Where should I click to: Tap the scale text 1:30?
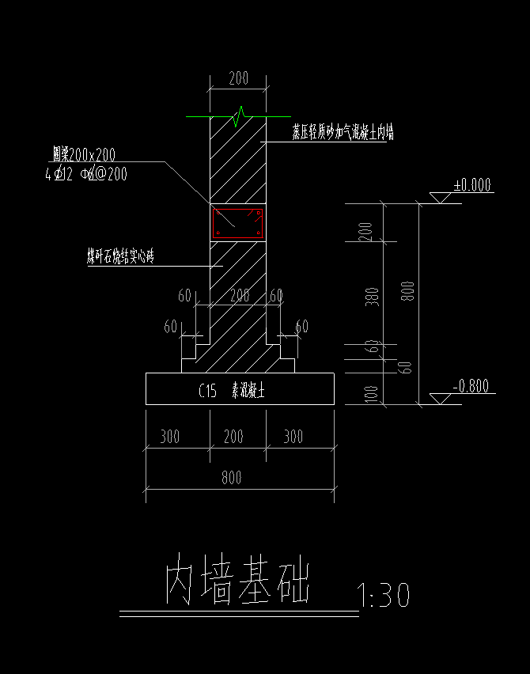[x=383, y=596]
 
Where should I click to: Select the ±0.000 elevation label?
[x=471, y=186]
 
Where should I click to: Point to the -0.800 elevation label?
[x=471, y=386]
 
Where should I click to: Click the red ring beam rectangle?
[x=237, y=223]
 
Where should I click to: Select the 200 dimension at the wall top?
[x=238, y=78]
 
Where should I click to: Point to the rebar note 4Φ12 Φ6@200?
[x=85, y=174]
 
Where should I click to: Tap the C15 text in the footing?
[x=207, y=390]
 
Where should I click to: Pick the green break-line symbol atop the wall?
[x=240, y=117]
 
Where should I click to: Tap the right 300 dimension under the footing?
[x=293, y=436]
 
